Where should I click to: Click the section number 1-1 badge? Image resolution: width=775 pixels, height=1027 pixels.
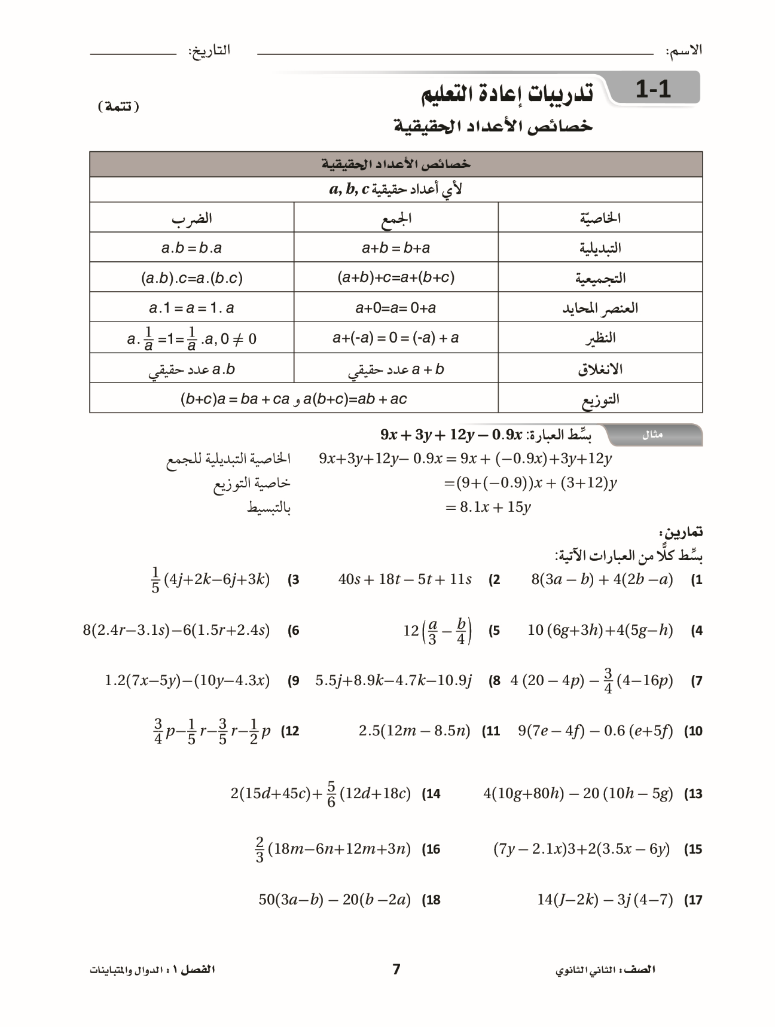point(653,90)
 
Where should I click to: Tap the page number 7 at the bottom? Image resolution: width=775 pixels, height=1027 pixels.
point(396,969)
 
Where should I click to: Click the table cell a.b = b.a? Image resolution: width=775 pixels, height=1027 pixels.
point(191,248)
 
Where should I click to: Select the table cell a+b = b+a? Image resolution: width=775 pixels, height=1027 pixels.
point(396,248)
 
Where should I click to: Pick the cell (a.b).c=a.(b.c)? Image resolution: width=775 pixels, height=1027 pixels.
point(191,278)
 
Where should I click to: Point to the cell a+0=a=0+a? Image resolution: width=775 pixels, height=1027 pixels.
point(396,308)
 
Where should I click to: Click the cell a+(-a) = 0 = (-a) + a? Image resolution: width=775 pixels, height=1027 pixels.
point(396,338)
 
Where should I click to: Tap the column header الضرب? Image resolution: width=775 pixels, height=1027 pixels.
point(191,218)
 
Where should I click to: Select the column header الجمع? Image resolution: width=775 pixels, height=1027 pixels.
point(396,218)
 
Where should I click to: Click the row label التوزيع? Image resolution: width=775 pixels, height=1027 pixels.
point(600,399)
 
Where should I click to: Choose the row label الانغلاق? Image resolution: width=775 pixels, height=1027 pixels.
point(600,369)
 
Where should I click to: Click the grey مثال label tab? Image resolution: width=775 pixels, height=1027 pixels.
point(652,435)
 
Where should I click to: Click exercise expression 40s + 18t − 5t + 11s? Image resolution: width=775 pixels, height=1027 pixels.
point(405,579)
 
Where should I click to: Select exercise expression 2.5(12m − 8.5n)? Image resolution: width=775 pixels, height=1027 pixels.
point(414,730)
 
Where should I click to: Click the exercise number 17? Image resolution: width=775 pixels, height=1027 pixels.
point(693,900)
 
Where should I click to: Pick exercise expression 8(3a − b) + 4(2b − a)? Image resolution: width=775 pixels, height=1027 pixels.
point(602,579)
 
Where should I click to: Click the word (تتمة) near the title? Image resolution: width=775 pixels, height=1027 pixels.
point(118,107)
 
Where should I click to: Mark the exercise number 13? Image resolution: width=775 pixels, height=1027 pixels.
point(693,794)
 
